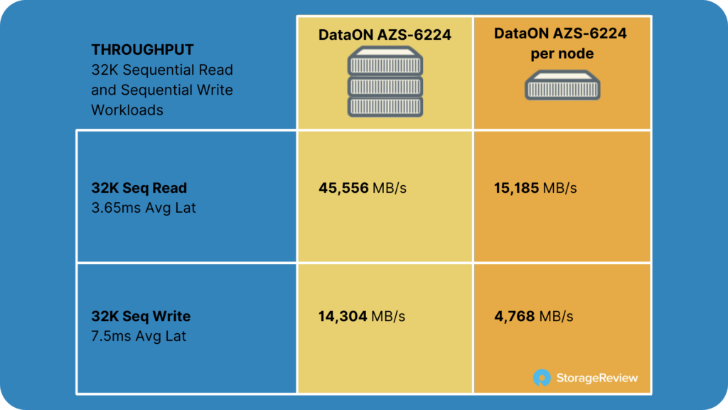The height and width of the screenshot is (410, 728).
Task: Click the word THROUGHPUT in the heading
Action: [142, 50]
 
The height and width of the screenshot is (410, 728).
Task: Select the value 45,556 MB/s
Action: [363, 188]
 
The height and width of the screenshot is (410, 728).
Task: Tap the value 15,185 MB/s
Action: [535, 188]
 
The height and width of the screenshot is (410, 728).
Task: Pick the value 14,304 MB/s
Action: [362, 316]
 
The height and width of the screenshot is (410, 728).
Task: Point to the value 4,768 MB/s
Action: [533, 316]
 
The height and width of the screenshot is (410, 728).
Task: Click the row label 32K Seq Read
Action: [139, 188]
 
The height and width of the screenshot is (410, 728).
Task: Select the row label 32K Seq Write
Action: [141, 316]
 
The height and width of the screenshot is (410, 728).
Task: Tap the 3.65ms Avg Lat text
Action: [144, 208]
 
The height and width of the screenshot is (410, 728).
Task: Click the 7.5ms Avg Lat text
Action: [139, 336]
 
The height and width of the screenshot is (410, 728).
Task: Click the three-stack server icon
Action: [385, 81]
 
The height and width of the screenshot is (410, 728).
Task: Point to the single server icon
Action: [562, 85]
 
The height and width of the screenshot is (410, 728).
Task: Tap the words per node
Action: [562, 54]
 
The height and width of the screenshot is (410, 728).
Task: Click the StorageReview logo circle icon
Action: [542, 377]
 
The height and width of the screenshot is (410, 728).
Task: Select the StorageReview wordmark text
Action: [597, 378]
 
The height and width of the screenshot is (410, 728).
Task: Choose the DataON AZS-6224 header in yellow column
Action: [385, 34]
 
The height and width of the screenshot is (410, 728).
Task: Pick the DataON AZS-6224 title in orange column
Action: [560, 33]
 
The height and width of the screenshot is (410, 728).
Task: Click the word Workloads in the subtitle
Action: [127, 110]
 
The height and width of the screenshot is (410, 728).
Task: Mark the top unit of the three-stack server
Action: [385, 61]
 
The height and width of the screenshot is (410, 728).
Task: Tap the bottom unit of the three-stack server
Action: [385, 107]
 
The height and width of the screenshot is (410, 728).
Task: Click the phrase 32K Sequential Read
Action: [162, 70]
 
